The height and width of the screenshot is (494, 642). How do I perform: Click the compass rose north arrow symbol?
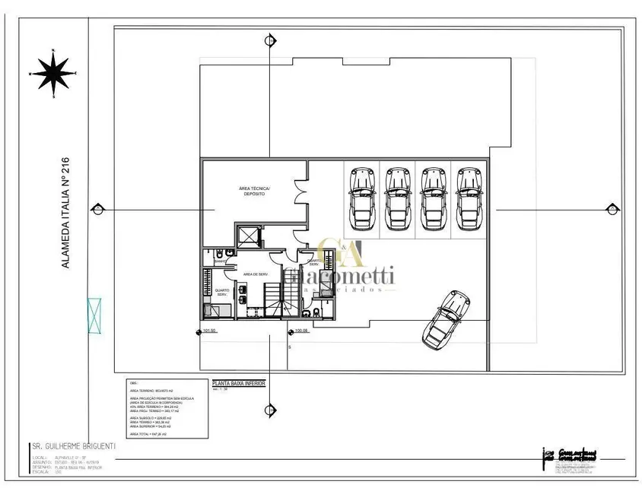coord(53,74)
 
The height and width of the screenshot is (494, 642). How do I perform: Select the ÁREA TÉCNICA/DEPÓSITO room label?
coord(249,191)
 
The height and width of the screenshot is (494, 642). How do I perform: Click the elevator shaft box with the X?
coord(248,236)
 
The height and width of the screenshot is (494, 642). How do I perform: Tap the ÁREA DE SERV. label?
coord(255,274)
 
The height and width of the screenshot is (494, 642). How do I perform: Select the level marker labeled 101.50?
coord(208,331)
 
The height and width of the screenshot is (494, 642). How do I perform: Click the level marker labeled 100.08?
coord(298,331)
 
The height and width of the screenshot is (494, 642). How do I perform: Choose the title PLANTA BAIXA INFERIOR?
coord(237,385)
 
